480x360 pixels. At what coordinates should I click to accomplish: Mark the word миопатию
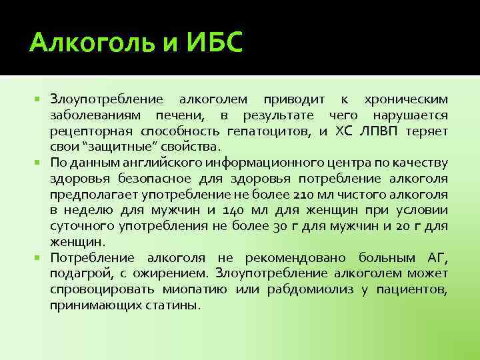pos(197,289)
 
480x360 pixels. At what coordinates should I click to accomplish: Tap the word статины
pos(175,305)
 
